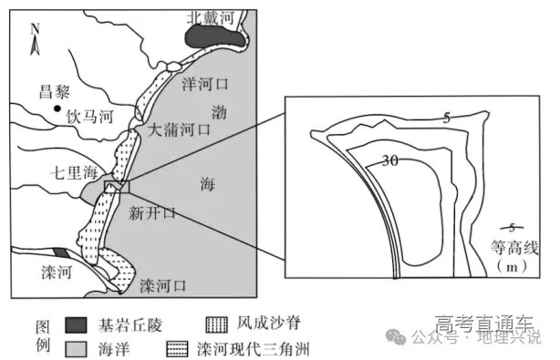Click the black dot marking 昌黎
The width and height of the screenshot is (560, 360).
(x=57, y=110)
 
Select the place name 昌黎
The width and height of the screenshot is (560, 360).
(x=57, y=91)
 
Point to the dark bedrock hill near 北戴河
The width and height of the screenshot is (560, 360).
(x=213, y=37)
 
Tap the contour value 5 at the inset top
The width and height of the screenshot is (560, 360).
(x=447, y=117)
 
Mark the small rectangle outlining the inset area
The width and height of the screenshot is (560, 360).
(x=118, y=187)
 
